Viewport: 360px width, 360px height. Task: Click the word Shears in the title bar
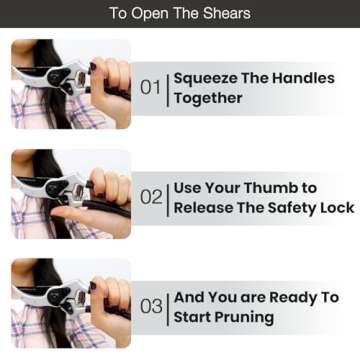224,14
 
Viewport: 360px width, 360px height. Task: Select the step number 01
150,88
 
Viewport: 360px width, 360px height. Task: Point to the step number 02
150,198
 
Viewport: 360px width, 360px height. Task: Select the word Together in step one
208,98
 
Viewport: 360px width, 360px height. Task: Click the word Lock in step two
335,208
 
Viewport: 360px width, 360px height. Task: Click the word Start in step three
194,317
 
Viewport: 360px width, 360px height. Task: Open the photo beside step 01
70,86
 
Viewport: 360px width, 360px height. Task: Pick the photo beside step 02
70,196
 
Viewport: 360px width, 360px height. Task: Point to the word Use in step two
190,188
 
